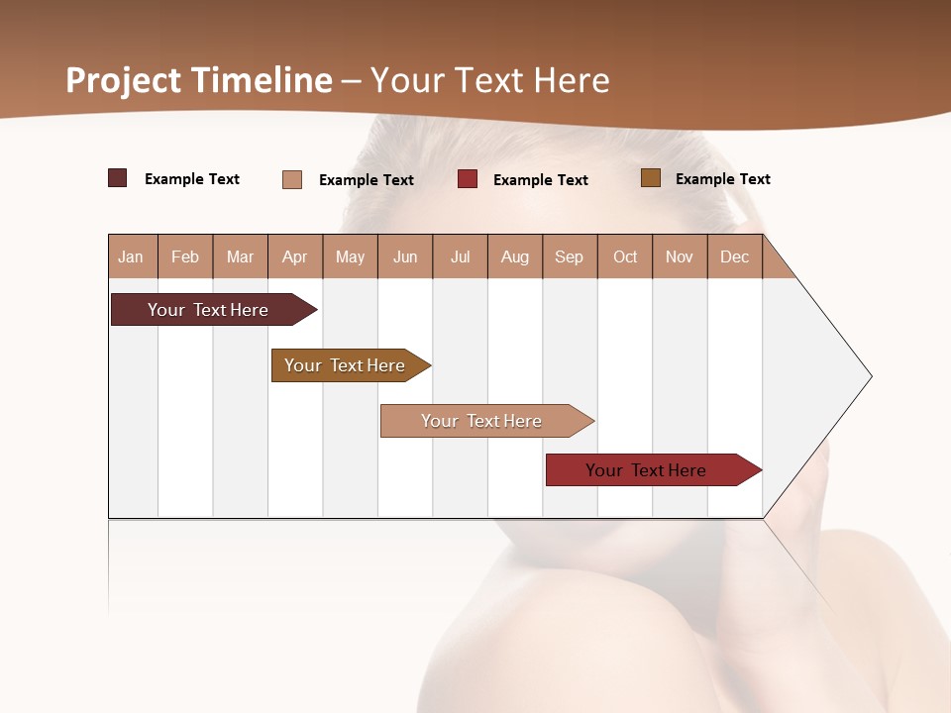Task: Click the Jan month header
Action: click(x=132, y=256)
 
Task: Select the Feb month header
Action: click(x=185, y=256)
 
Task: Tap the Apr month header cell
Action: click(x=295, y=256)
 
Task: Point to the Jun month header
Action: click(x=405, y=256)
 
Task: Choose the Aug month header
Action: click(x=515, y=256)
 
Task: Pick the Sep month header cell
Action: click(x=570, y=256)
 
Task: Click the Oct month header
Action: click(x=625, y=256)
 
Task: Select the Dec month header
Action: click(x=735, y=256)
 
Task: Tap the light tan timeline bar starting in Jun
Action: click(x=482, y=421)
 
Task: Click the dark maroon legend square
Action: click(x=118, y=178)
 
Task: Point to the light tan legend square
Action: click(x=292, y=179)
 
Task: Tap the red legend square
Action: click(x=468, y=179)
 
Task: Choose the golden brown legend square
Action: click(x=651, y=178)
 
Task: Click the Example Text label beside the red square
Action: click(x=540, y=180)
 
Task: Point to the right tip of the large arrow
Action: click(x=869, y=375)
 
